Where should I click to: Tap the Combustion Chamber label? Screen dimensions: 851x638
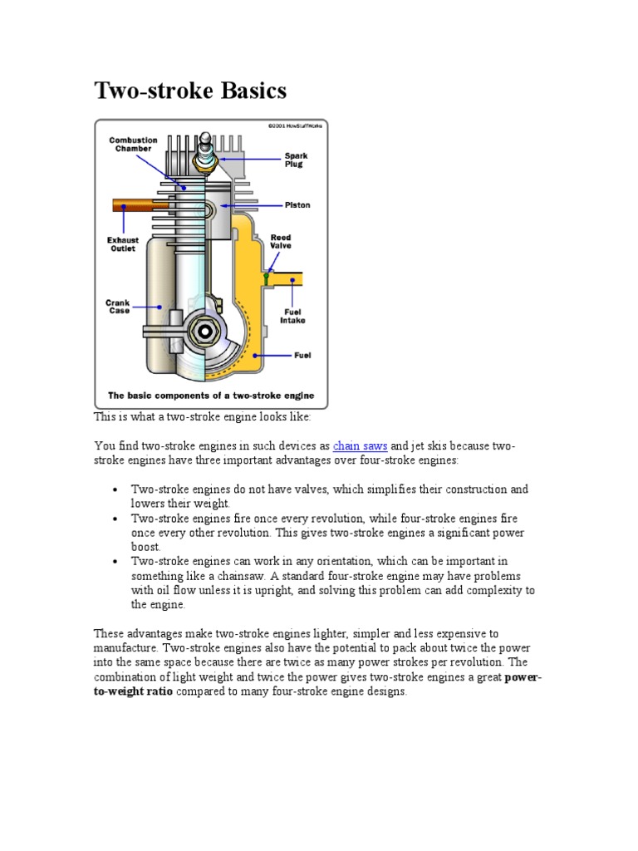pyautogui.click(x=133, y=145)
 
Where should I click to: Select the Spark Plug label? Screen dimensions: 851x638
pyautogui.click(x=296, y=160)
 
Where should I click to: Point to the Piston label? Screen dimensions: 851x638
pyautogui.click(x=297, y=204)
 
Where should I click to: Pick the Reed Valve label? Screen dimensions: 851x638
pyautogui.click(x=281, y=242)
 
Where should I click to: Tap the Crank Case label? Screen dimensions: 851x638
pyautogui.click(x=118, y=308)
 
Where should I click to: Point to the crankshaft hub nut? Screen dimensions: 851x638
pyautogui.click(x=204, y=332)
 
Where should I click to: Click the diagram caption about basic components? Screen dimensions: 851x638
pyautogui.click(x=211, y=396)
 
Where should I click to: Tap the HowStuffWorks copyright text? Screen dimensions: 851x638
pyautogui.click(x=296, y=125)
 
